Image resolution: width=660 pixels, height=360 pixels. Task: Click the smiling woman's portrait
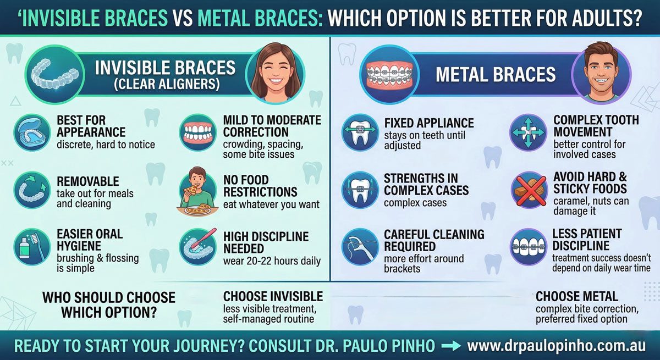pyautogui.click(x=276, y=73)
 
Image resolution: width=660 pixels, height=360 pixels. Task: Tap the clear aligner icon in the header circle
pyautogui.click(x=55, y=74)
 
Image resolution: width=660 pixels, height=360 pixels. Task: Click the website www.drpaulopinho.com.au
pyautogui.click(x=556, y=346)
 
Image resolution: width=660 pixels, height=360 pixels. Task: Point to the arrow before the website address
pyautogui.click(x=451, y=346)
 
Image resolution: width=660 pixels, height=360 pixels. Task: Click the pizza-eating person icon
pyautogui.click(x=197, y=191)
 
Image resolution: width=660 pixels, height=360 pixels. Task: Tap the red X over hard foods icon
pyautogui.click(x=530, y=190)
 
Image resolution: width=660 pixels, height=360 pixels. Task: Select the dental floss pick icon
pyautogui.click(x=360, y=247)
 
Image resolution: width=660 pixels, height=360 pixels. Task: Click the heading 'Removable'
pyautogui.click(x=88, y=181)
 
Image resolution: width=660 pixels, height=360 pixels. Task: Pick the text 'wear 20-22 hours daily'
pyautogui.click(x=272, y=261)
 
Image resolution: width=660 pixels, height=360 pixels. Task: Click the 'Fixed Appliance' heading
pyautogui.click(x=429, y=123)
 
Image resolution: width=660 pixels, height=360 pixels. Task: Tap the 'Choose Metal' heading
pyautogui.click(x=577, y=296)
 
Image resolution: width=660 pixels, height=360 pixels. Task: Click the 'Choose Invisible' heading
pyautogui.click(x=273, y=296)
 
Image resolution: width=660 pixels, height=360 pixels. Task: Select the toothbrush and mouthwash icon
pyautogui.click(x=32, y=247)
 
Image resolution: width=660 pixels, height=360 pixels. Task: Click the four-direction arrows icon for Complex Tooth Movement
pyautogui.click(x=529, y=132)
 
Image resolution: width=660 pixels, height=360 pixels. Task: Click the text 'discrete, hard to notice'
pyautogui.click(x=106, y=145)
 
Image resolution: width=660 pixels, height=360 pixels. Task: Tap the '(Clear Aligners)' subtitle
pyautogui.click(x=167, y=84)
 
